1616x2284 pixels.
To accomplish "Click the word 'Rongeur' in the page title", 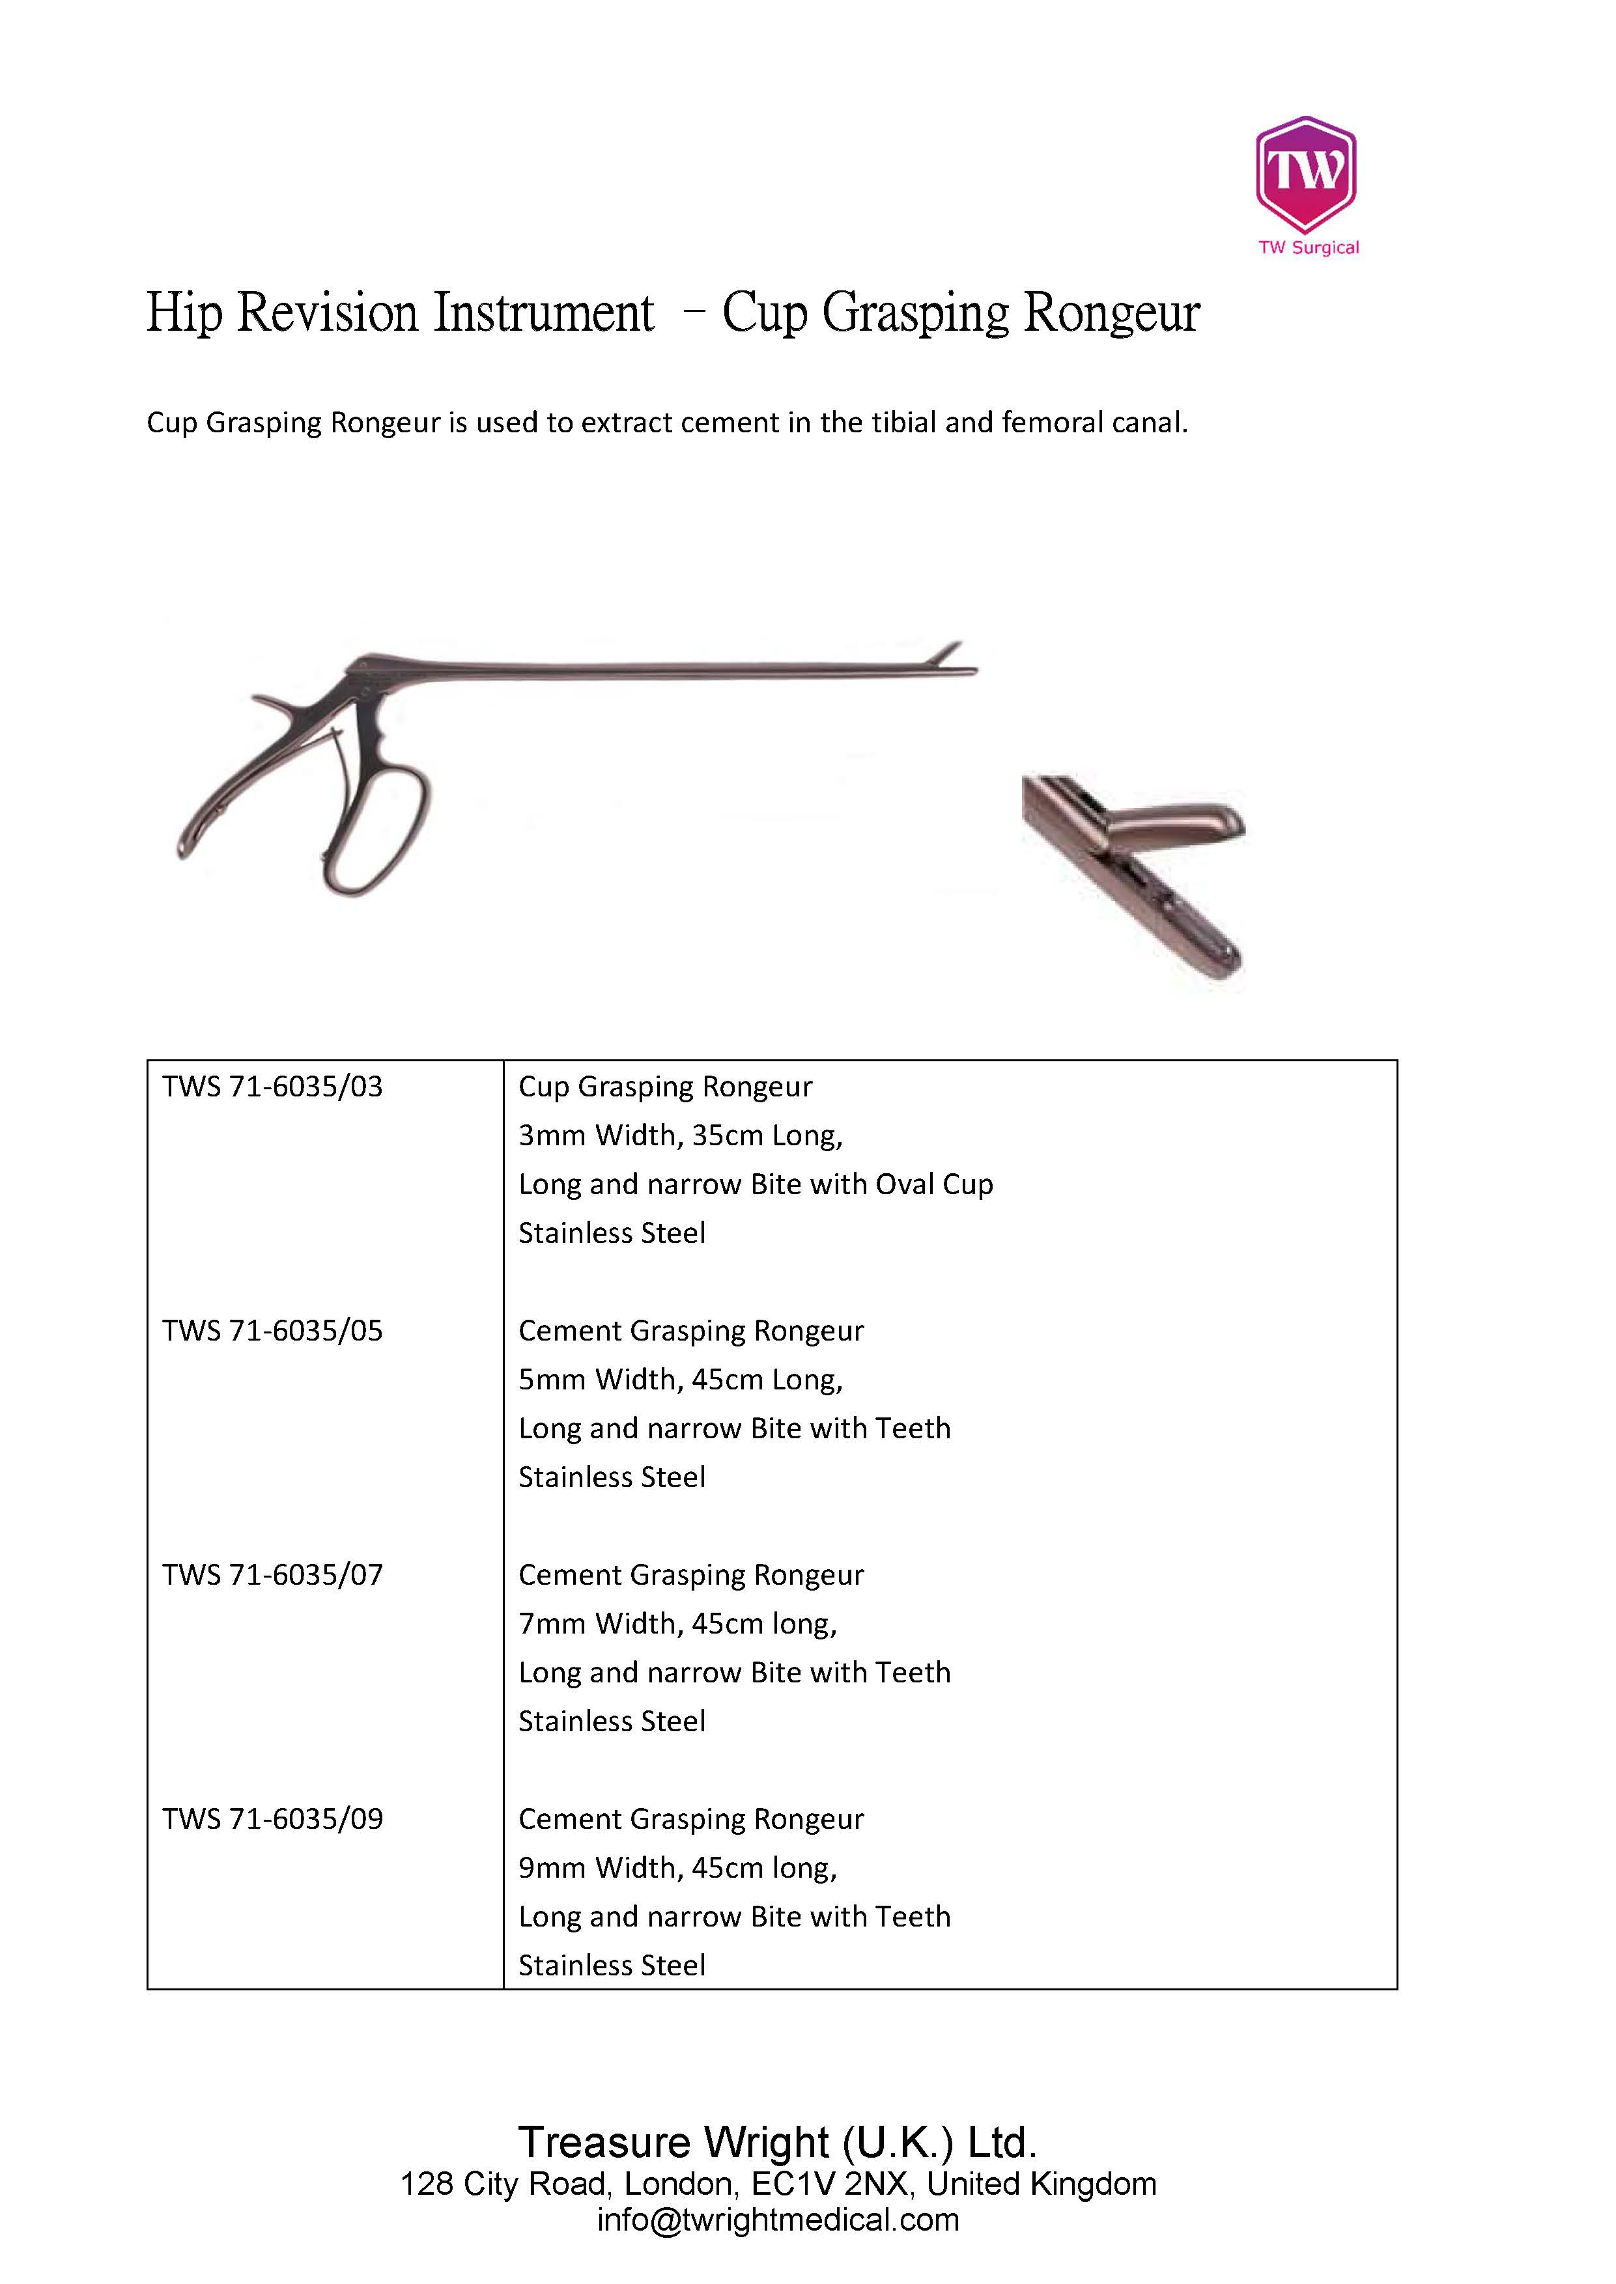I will tap(1111, 313).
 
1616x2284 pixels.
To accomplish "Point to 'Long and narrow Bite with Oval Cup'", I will tap(756, 1184).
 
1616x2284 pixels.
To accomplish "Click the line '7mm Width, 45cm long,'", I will tap(677, 1623).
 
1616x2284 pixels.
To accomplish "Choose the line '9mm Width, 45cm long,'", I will tap(677, 1867).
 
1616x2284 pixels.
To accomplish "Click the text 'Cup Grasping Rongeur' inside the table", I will tap(665, 1086).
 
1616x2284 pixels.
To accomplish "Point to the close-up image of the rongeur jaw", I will tap(1135, 876).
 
